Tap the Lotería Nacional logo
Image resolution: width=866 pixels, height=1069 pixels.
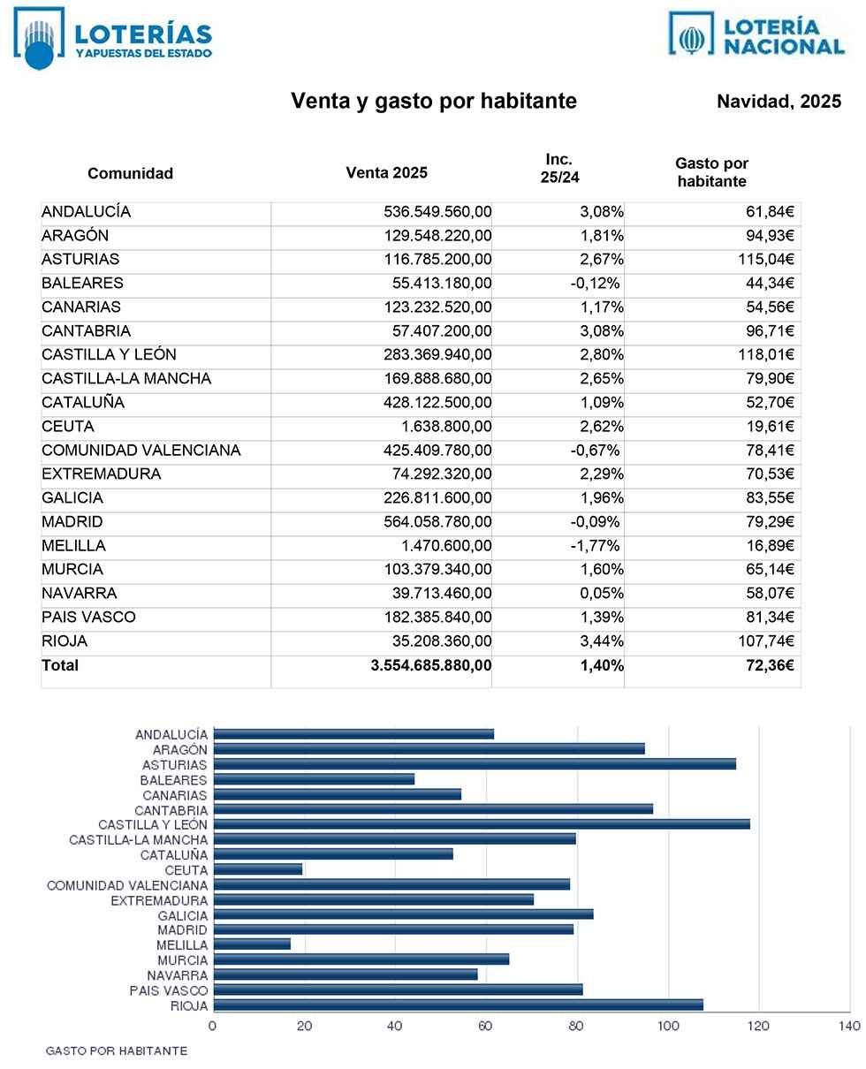tap(756, 35)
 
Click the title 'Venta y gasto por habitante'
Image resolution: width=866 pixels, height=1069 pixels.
tap(434, 102)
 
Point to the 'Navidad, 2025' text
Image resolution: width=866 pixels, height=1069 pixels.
tap(779, 102)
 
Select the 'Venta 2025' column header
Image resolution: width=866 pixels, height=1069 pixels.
tap(386, 173)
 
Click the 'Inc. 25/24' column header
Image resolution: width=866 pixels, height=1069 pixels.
tap(559, 168)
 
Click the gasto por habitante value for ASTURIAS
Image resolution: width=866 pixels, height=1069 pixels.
tap(765, 260)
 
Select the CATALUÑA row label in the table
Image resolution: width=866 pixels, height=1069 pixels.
tap(83, 403)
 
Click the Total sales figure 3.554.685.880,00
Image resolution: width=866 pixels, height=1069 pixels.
tap(431, 665)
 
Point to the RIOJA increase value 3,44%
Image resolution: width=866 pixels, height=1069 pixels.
tap(601, 641)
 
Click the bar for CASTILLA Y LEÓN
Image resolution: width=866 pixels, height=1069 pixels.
tap(482, 824)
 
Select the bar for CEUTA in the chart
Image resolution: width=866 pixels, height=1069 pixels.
tap(258, 869)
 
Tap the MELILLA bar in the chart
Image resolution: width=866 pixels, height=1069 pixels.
tap(252, 944)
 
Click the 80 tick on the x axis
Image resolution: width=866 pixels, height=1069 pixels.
tap(576, 1027)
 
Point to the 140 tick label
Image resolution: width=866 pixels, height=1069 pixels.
tap(848, 1027)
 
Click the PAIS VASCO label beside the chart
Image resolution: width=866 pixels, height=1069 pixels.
tap(169, 990)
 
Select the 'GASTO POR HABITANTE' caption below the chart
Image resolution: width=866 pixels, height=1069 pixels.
tap(116, 1051)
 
